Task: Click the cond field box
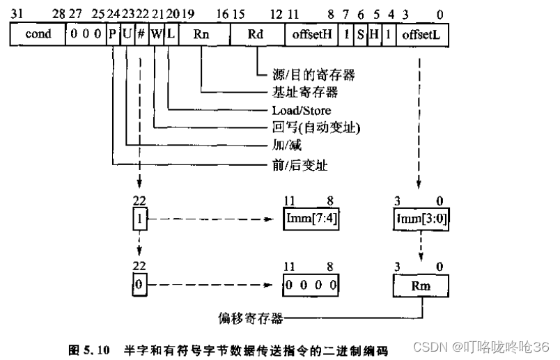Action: [x=38, y=34]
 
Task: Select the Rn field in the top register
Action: [x=202, y=34]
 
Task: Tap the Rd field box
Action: [x=256, y=34]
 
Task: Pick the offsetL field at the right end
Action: [x=423, y=34]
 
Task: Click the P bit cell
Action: [x=112, y=34]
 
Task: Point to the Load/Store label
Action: [x=301, y=110]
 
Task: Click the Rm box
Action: [x=421, y=285]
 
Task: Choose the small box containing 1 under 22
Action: [x=140, y=220]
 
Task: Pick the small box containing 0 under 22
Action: [x=140, y=285]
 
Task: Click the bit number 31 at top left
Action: [x=17, y=13]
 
